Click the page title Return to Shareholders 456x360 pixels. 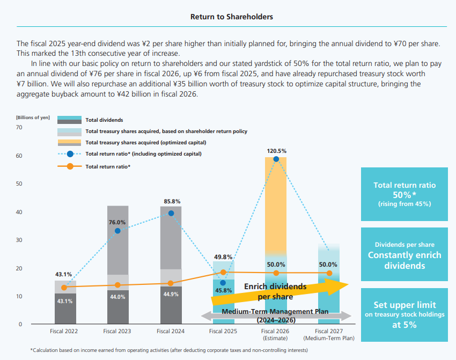click(232, 17)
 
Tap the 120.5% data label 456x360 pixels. click(276, 151)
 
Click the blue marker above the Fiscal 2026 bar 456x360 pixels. click(276, 159)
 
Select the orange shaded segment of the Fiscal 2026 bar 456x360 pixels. click(276, 204)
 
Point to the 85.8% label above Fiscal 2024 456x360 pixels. click(171, 201)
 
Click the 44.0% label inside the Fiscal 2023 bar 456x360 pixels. click(117, 297)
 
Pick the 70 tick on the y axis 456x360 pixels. click(19, 128)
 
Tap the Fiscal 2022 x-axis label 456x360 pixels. click(65, 332)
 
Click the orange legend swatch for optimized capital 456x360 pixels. click(69, 143)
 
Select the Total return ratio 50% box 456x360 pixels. click(404, 194)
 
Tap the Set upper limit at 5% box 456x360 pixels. click(404, 315)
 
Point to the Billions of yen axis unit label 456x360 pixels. click(33, 117)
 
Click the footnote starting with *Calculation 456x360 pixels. click(169, 350)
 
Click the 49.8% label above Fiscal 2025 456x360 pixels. click(223, 256)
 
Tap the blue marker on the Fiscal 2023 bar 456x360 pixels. click(117, 231)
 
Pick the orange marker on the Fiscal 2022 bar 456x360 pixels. click(65, 288)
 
